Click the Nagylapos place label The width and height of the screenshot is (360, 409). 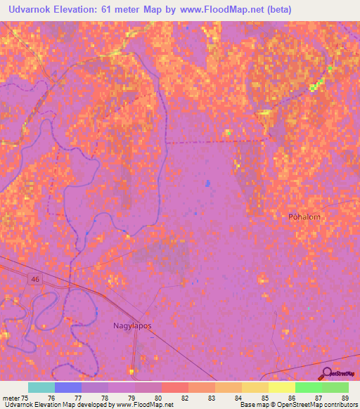133,325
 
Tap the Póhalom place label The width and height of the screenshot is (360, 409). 304,217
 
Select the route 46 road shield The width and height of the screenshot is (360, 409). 34,280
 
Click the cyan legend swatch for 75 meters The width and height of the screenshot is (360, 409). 41,387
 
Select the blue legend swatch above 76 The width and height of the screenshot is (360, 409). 68,387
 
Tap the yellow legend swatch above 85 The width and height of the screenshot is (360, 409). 255,387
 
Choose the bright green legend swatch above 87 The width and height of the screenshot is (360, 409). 309,387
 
